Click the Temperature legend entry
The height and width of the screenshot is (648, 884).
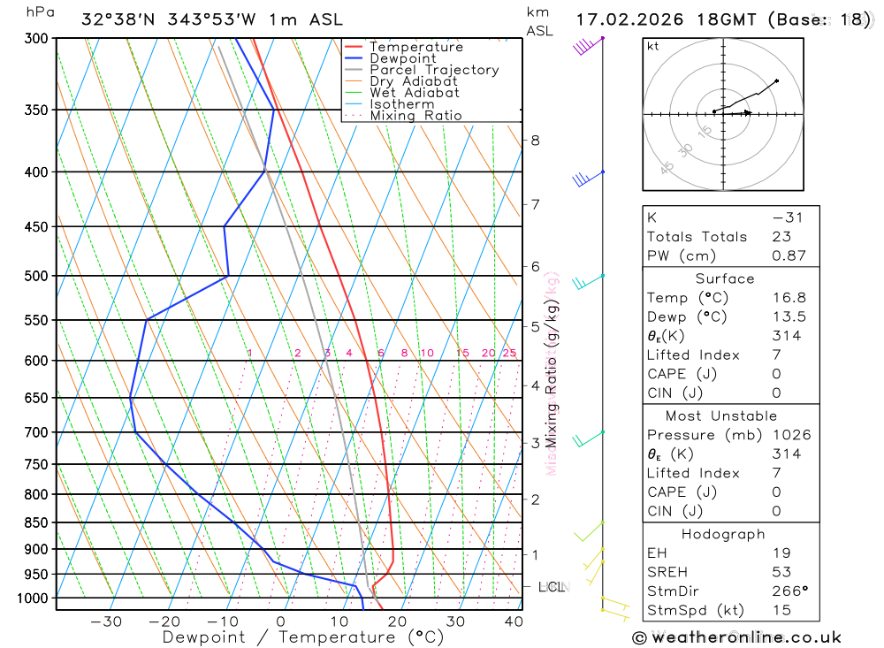pos(415,47)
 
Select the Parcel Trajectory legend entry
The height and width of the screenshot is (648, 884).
pos(433,70)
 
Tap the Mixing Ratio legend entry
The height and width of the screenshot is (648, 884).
pos(415,116)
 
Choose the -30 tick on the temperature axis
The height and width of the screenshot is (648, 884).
pos(106,621)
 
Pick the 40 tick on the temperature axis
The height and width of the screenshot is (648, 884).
pos(514,621)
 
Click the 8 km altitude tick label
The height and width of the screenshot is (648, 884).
pos(535,140)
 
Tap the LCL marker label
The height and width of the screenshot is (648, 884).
pos(552,586)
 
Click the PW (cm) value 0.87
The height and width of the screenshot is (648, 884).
pos(789,255)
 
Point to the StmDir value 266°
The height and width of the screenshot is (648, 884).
pos(788,591)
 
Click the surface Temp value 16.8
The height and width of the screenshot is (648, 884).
pos(789,298)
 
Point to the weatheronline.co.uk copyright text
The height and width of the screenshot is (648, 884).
pos(737,637)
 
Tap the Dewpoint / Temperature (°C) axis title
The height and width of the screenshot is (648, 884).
pos(302,637)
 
